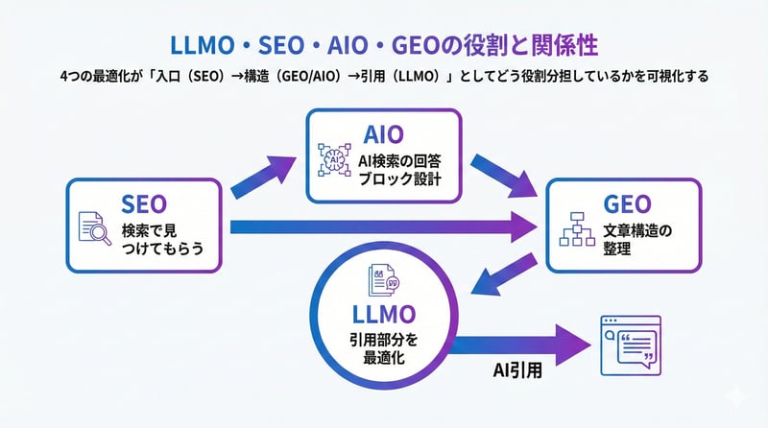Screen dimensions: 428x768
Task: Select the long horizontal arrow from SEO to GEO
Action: (384, 227)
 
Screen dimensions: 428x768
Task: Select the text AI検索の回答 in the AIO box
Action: (398, 159)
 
